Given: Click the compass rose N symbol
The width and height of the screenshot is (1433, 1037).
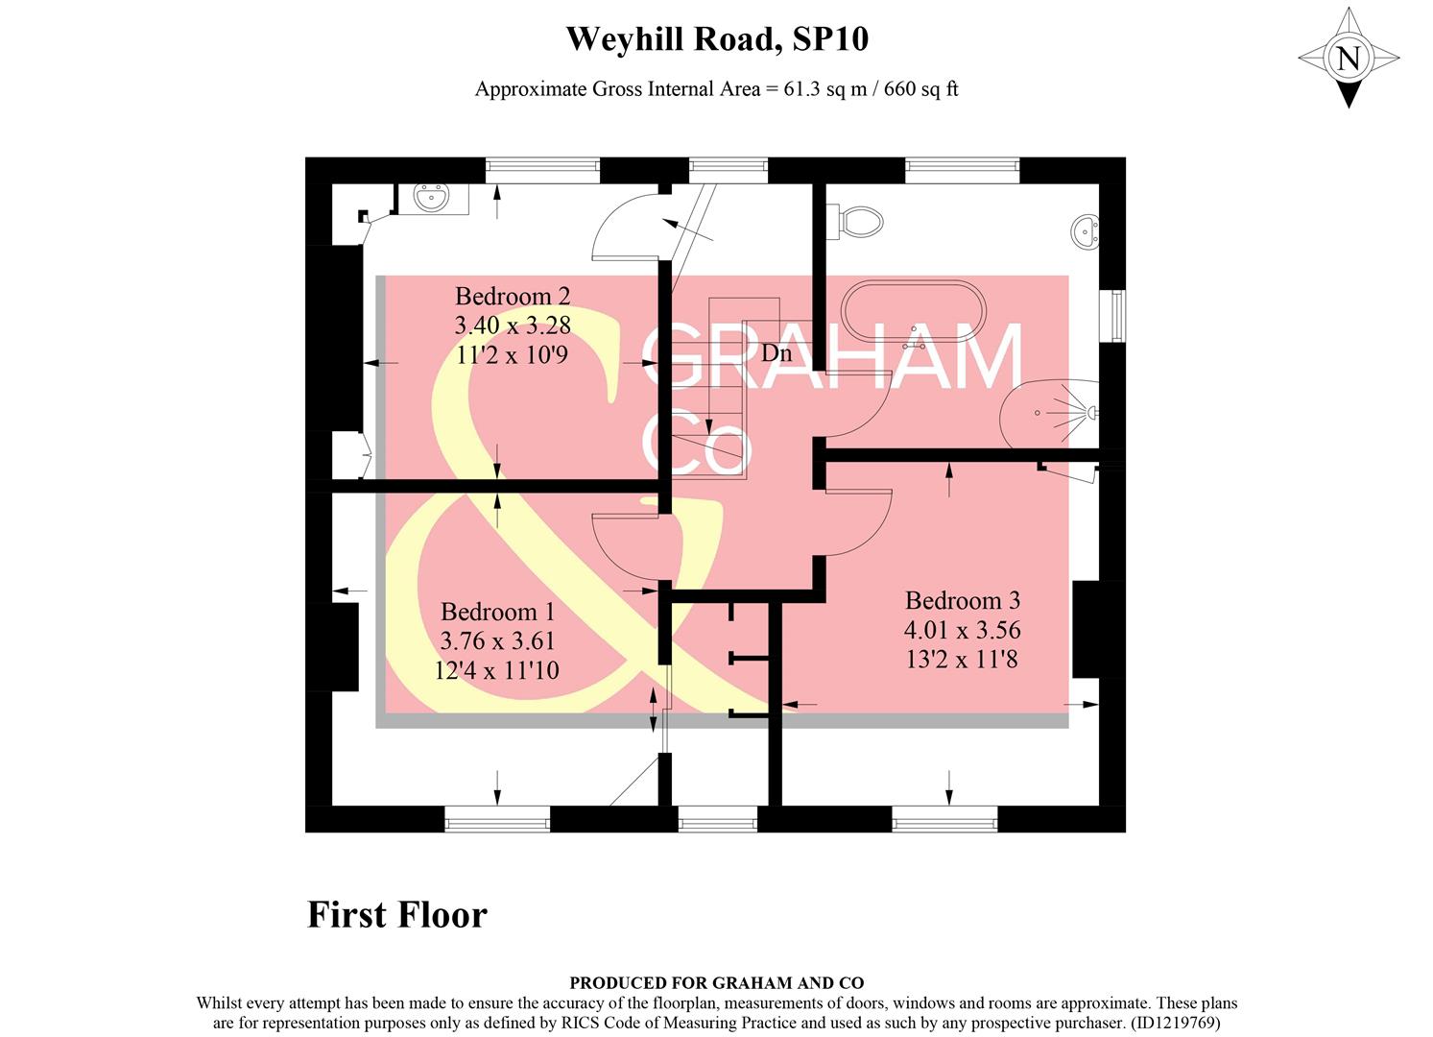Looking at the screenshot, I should point(1349,59).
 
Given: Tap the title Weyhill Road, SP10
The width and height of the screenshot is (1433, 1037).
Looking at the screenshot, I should point(717,39).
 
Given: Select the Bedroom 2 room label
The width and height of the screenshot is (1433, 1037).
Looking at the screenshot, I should point(512,296).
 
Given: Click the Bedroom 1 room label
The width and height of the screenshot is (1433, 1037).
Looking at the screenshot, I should point(497,612).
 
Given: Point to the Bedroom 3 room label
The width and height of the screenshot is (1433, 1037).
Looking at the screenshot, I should point(962,601).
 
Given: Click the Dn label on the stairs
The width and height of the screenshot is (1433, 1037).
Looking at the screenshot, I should point(776,353).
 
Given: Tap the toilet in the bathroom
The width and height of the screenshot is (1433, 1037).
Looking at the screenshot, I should point(858,221).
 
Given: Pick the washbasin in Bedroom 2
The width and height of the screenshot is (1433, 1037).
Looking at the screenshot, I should point(431,200).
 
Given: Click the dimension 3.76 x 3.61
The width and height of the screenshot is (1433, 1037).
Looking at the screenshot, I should point(497,641).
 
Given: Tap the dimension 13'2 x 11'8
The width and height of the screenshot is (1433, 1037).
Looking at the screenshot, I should point(962,660).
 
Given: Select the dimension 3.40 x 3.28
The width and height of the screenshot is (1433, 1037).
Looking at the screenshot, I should point(512,326).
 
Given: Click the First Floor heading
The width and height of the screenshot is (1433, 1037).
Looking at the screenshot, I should point(396,914).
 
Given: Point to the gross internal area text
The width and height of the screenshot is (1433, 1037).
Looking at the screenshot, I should point(717,89).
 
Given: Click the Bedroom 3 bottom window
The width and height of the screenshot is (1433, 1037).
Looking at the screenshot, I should point(944,819).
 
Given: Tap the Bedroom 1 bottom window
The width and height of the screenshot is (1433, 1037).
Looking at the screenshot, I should point(497,819).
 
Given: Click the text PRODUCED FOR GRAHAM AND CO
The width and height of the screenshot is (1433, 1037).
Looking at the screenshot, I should point(717,982).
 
